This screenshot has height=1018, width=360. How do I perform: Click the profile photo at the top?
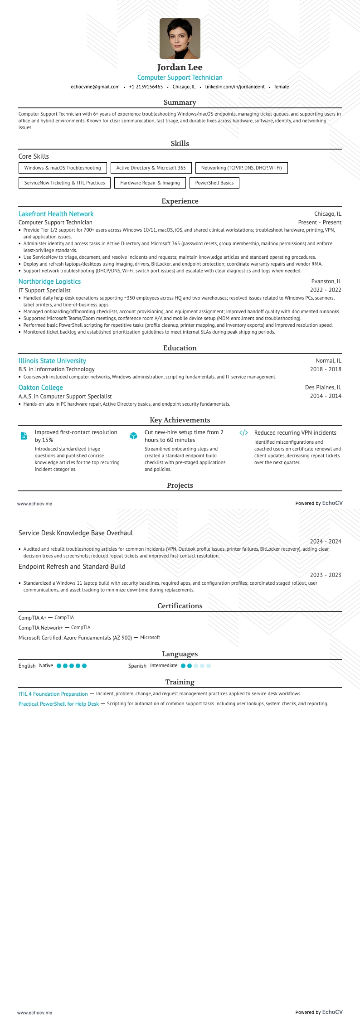[x=180, y=39]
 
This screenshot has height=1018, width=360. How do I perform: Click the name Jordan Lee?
[x=180, y=68]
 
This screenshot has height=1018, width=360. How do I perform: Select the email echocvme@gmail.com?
[x=95, y=87]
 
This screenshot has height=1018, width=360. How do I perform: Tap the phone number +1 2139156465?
[x=146, y=87]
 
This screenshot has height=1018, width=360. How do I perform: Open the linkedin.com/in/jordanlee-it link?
[x=235, y=87]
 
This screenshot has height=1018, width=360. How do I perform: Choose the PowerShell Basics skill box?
[x=214, y=183]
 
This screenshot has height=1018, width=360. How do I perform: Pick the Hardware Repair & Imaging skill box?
[x=150, y=183]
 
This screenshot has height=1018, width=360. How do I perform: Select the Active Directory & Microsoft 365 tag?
[x=151, y=168]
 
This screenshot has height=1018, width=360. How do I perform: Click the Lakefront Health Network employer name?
[x=56, y=214]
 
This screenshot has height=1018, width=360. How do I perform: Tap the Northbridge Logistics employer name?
[x=49, y=281]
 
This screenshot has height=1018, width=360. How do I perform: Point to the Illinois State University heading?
[x=52, y=361]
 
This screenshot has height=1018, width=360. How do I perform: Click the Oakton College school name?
[x=40, y=388]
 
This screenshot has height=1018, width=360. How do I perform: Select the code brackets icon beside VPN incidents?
[x=243, y=433]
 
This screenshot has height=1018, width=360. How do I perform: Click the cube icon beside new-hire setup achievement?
[x=133, y=436]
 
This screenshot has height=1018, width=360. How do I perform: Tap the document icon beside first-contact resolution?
[x=24, y=436]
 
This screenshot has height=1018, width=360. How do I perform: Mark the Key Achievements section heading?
[x=180, y=420]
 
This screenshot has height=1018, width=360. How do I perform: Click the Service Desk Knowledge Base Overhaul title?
[x=76, y=533]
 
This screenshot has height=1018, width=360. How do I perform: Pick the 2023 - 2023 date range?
[x=326, y=575]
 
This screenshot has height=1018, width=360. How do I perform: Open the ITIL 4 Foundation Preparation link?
[x=53, y=694]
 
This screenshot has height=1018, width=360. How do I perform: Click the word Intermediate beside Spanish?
[x=164, y=666]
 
